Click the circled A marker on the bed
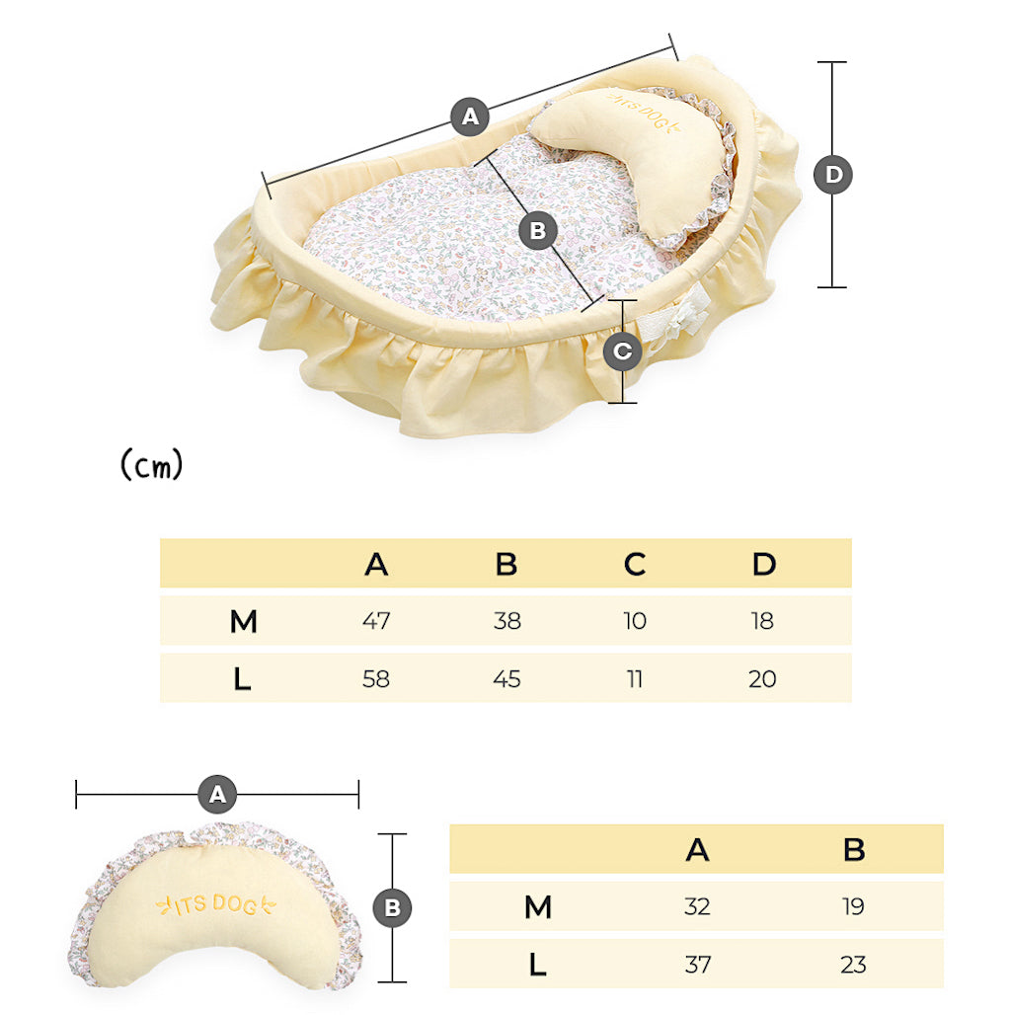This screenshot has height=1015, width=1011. [x=470, y=117]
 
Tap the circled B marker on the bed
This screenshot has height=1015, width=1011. [x=538, y=231]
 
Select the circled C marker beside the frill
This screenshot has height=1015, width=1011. [x=623, y=351]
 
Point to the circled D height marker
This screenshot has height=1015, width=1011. [x=833, y=175]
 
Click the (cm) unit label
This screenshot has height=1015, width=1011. [x=151, y=465]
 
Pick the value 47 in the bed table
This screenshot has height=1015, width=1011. [x=376, y=621]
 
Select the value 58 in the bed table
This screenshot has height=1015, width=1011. [x=376, y=679]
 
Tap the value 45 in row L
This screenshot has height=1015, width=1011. [x=506, y=679]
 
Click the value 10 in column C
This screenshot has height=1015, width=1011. [x=635, y=621]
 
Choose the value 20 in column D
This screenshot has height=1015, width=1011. [x=763, y=679]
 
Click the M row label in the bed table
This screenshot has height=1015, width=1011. [x=243, y=622]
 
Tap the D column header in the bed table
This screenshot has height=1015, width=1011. [x=763, y=564]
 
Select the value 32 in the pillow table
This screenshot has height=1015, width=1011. [x=697, y=906]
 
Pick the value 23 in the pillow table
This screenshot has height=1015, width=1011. [x=854, y=964]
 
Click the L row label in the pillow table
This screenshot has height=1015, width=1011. [x=537, y=965]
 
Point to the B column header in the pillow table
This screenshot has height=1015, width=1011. [x=854, y=849]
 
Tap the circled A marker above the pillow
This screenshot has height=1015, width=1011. [x=217, y=793]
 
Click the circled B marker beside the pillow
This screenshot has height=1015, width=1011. [x=392, y=907]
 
